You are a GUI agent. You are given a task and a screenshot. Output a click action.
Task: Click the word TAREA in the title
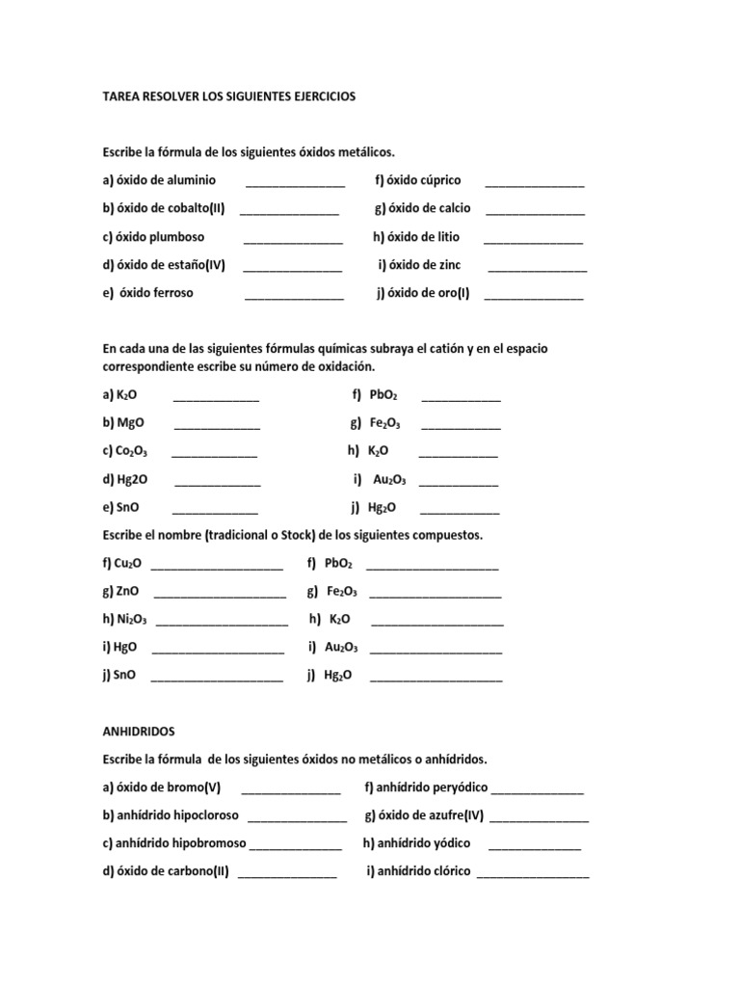click(x=122, y=97)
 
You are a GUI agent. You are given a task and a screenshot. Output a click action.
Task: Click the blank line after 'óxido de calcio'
click(x=535, y=211)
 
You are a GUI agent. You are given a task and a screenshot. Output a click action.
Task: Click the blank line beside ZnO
click(x=220, y=596)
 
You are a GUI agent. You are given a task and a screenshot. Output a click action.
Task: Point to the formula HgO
click(x=125, y=648)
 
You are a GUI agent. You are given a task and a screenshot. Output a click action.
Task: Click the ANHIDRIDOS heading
click(x=140, y=733)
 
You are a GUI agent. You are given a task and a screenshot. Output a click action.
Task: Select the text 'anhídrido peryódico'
click(x=426, y=787)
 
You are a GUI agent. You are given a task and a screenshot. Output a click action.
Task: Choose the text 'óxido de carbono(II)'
click(x=166, y=871)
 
